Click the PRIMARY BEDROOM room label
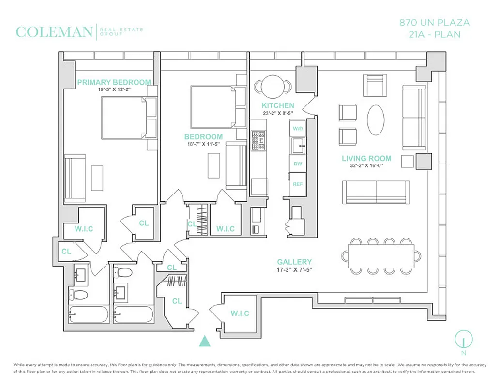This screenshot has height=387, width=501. pyautogui.click(x=114, y=82)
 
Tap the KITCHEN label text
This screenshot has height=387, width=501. pyautogui.click(x=278, y=105)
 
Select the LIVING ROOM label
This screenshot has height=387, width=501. pyautogui.click(x=366, y=158)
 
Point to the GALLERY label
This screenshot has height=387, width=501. pyautogui.click(x=294, y=262)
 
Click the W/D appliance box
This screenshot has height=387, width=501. pyautogui.click(x=298, y=128)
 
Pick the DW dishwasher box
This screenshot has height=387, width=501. pyautogui.click(x=298, y=164)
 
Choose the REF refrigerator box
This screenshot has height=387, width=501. pyautogui.click(x=298, y=184)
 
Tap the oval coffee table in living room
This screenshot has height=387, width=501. pyautogui.click(x=377, y=120)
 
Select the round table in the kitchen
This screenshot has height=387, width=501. pyautogui.click(x=273, y=86)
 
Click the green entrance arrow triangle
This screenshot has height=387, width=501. pyautogui.click(x=206, y=341)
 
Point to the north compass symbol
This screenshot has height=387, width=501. pyautogui.click(x=463, y=339)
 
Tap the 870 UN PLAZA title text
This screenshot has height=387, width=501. pyautogui.click(x=434, y=23)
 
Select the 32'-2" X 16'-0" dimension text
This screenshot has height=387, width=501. pyautogui.click(x=366, y=166)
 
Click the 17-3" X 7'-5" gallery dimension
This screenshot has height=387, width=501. pyautogui.click(x=294, y=269)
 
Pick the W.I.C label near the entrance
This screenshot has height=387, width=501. pyautogui.click(x=239, y=313)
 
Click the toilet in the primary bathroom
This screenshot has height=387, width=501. pyautogui.click(x=78, y=294)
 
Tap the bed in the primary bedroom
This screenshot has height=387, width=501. pyautogui.click(x=123, y=118)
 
